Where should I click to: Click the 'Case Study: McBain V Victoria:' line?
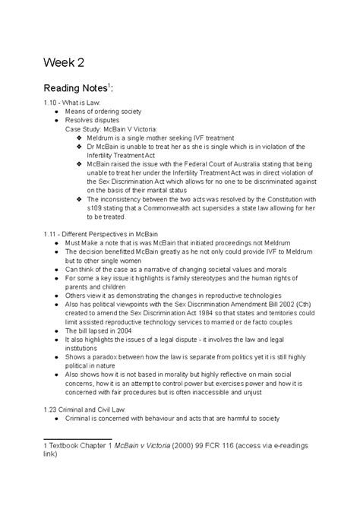[x=113, y=129]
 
